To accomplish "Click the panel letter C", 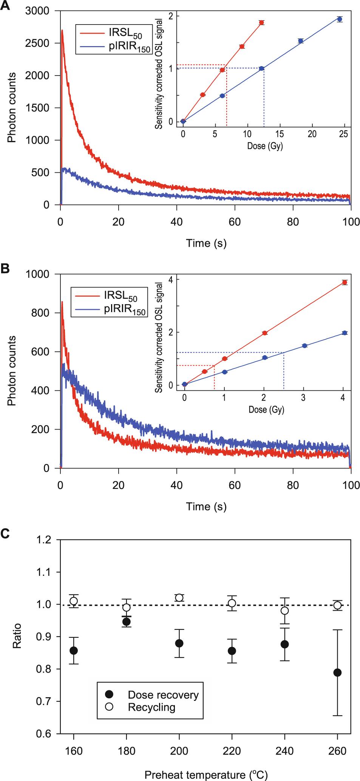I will point(5,534).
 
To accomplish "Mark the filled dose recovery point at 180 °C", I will point(126,622).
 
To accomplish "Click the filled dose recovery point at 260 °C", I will point(337,673).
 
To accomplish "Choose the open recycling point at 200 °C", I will point(179,598).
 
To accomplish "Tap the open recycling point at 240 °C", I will point(285,611).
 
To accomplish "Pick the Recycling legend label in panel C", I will point(151,707).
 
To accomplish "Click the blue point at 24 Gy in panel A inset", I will point(340,19).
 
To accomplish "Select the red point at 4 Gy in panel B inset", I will point(344,282).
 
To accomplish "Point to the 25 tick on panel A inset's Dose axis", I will point(344,134).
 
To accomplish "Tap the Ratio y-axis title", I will point(17,636).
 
